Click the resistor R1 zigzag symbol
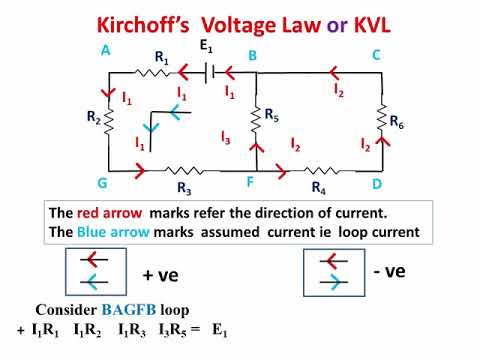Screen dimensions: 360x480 pyautogui.click(x=154, y=72)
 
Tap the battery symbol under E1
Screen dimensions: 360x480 pyautogui.click(x=205, y=72)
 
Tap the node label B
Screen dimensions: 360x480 pyautogui.click(x=254, y=56)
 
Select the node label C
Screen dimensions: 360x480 pyautogui.click(x=377, y=56)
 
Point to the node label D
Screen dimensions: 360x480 pyautogui.click(x=377, y=185)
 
